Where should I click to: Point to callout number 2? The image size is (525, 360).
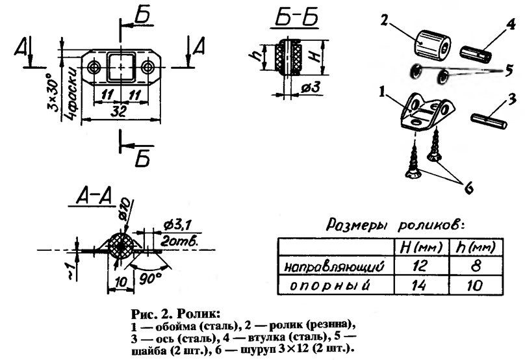click(x=383, y=21)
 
